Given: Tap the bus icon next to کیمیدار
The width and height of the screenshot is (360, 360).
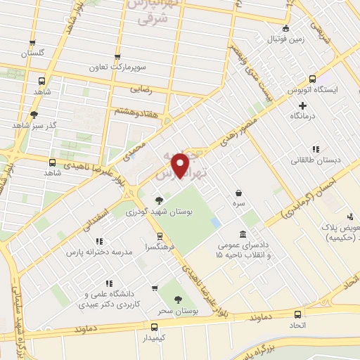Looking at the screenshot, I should (154, 327).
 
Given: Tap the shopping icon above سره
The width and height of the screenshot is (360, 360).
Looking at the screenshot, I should (239, 193).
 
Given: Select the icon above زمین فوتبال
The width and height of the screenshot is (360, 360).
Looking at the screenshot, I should (285, 29).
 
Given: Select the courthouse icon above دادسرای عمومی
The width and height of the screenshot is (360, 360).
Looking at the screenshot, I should (243, 233).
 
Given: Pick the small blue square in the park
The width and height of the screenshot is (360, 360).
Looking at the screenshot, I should (216, 223).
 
